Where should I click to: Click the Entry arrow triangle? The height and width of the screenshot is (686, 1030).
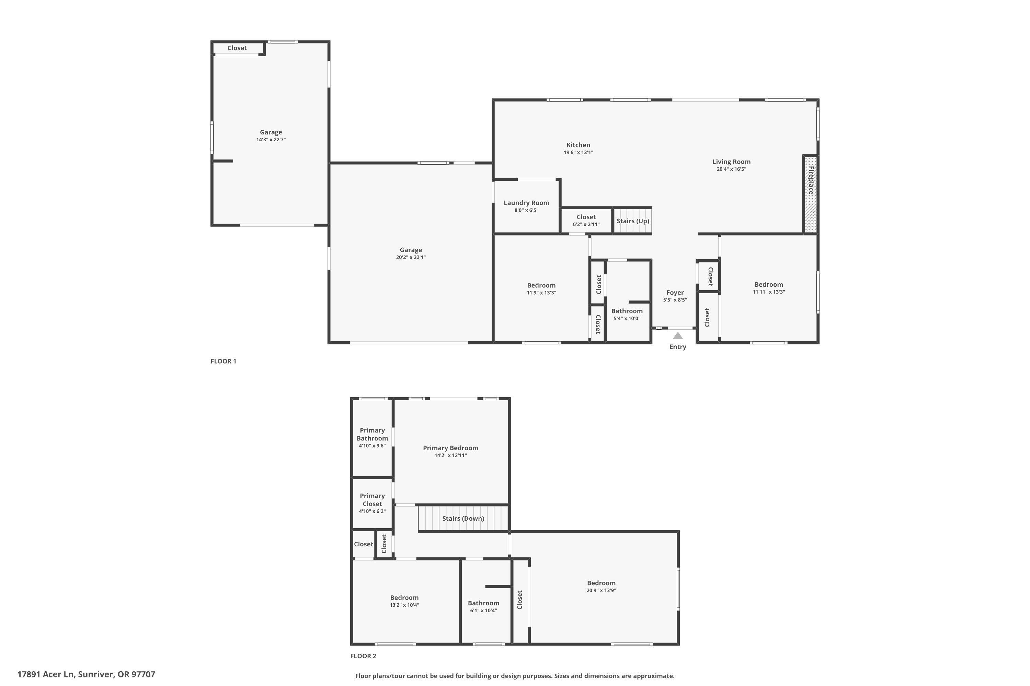(677, 335)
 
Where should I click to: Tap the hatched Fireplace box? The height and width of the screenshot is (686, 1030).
(811, 194)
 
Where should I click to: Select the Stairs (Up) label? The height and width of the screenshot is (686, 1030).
(633, 221)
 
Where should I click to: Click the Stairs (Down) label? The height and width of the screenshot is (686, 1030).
(463, 518)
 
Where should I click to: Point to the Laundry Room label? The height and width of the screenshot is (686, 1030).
(526, 203)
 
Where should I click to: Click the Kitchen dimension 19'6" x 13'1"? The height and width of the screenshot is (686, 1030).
(578, 152)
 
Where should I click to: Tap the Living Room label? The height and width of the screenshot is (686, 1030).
(731, 162)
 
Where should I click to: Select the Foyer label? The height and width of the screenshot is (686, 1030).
(675, 292)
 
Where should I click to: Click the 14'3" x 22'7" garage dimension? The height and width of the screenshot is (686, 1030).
(271, 140)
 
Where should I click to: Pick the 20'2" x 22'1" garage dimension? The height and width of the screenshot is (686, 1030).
(411, 257)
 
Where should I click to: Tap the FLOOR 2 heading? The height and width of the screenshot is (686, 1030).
(363, 656)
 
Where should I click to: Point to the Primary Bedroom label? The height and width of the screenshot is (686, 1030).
(450, 448)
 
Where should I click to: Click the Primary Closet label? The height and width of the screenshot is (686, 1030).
(372, 500)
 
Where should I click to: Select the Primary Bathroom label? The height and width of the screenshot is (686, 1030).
(372, 434)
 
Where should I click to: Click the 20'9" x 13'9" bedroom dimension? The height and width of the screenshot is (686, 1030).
(601, 590)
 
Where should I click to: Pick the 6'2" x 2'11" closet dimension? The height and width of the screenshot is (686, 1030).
(586, 224)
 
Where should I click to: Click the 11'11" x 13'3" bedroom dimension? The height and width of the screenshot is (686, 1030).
(769, 292)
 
